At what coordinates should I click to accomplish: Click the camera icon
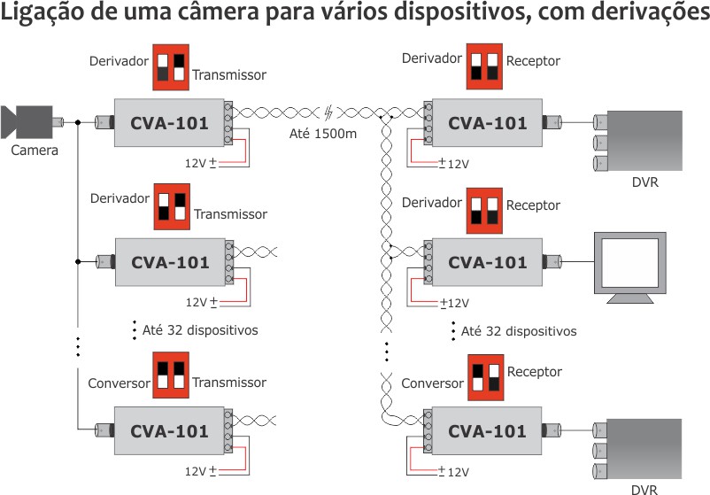point(32,121)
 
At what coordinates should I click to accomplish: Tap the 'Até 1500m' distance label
point(324,135)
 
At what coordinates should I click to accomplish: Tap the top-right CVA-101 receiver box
point(486,122)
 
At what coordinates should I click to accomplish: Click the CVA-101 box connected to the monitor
point(486,262)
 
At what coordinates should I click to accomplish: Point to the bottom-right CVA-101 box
point(486,432)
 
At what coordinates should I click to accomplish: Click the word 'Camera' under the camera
point(35,151)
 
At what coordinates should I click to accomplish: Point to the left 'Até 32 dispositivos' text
point(199,330)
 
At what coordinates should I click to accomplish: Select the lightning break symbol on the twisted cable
point(329,113)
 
